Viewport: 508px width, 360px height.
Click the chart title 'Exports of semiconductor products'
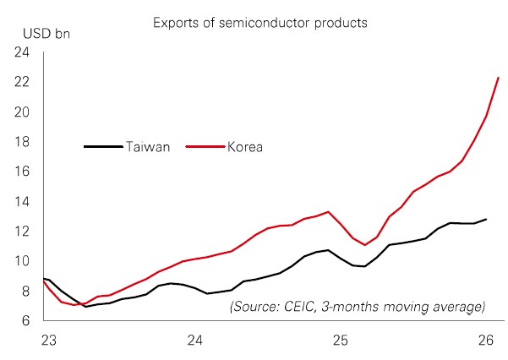pos(260,21)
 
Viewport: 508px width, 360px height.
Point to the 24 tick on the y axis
pos(21,53)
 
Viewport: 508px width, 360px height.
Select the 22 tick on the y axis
pos(21,83)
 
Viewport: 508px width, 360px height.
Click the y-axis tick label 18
pos(21,142)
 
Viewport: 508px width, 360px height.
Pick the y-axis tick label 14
pos(21,202)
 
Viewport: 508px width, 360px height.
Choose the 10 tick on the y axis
pos(21,261)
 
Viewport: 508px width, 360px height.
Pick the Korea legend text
pos(245,147)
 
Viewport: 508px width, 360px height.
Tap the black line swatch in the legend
pos(101,147)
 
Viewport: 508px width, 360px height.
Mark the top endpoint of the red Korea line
pos(498,78)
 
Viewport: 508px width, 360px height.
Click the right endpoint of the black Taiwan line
pos(485,220)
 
